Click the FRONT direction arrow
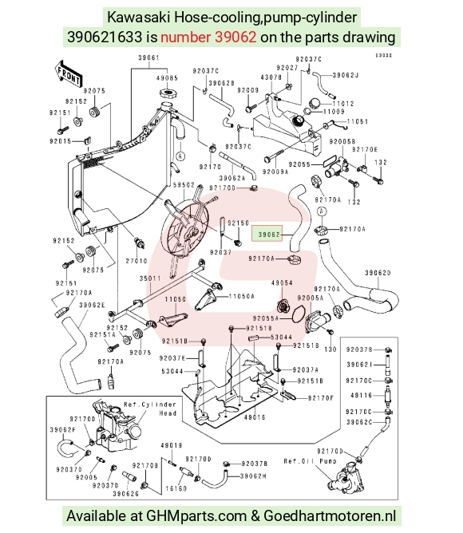(x=68, y=74)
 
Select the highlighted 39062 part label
(x=267, y=234)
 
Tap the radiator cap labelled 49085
(x=167, y=93)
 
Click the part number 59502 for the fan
(x=184, y=185)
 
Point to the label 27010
(x=137, y=261)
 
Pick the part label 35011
(x=150, y=278)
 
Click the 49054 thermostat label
(x=282, y=282)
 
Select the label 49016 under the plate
(x=255, y=417)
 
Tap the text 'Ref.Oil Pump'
(x=310, y=461)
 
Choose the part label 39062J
(x=346, y=75)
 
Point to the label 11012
(x=343, y=104)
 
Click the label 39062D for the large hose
(x=378, y=273)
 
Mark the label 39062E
(x=92, y=305)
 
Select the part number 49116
(x=362, y=395)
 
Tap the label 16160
(x=176, y=488)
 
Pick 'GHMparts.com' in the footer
(x=196, y=515)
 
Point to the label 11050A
(x=242, y=296)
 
